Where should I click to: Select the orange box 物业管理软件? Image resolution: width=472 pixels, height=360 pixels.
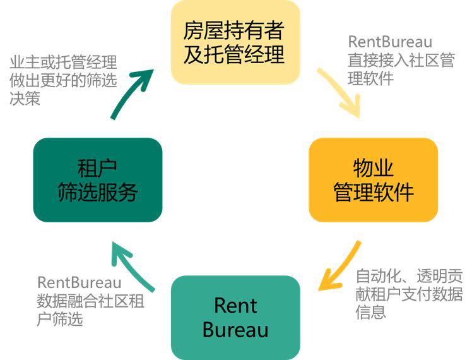(x=373, y=180)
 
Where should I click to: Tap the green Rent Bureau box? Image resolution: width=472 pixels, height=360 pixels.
(x=235, y=317)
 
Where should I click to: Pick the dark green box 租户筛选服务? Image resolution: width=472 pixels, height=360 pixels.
(x=97, y=180)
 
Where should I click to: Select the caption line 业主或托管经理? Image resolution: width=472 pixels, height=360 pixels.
(x=63, y=63)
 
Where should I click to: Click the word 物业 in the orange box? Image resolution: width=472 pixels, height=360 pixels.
(x=373, y=168)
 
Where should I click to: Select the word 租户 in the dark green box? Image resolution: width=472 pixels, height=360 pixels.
(x=97, y=168)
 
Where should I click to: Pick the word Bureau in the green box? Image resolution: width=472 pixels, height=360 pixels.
(x=235, y=330)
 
